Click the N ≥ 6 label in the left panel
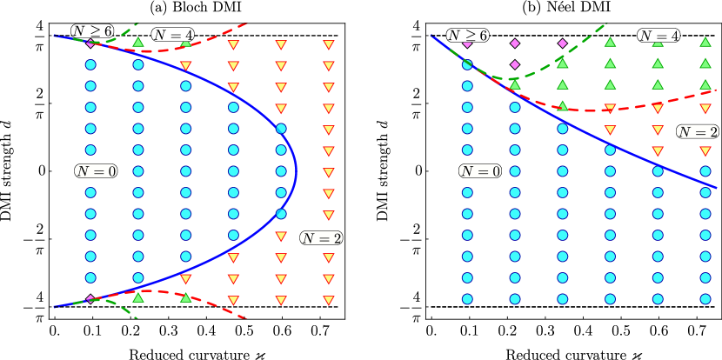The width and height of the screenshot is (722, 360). (x=91, y=30)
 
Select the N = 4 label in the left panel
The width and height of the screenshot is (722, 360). (x=172, y=35)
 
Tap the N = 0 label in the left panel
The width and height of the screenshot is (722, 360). (x=96, y=171)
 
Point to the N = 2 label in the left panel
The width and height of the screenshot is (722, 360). (x=321, y=238)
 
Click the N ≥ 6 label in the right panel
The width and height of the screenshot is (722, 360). (x=467, y=36)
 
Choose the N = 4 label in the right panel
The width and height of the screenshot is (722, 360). (x=658, y=36)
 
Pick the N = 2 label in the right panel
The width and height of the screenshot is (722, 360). (x=698, y=131)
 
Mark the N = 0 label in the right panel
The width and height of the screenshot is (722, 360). (x=480, y=171)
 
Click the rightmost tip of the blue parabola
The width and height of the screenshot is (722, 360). (x=296, y=170)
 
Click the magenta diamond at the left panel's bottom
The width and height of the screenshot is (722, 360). (x=90, y=299)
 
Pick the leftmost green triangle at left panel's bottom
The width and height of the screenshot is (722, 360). (x=138, y=297)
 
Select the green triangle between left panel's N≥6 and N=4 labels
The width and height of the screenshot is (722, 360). (x=138, y=42)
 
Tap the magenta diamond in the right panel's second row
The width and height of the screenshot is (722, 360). (x=515, y=64)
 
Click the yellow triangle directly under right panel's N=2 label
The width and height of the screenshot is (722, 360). (x=705, y=151)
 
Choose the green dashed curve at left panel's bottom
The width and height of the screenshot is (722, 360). (x=122, y=309)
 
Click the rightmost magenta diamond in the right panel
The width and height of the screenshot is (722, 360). (x=562, y=43)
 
